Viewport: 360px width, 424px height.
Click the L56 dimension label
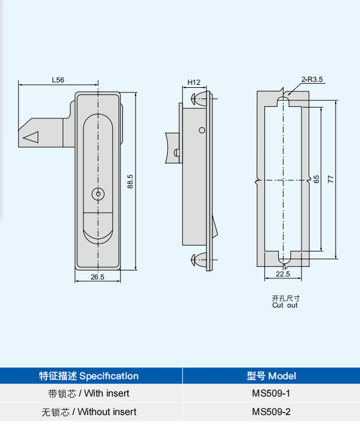[58, 80]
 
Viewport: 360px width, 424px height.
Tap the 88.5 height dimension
[130, 182]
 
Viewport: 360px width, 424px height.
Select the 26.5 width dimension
[97, 277]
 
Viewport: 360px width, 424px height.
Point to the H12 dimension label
[194, 82]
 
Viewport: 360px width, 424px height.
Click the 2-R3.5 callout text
[312, 79]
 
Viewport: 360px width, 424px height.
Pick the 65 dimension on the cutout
[316, 179]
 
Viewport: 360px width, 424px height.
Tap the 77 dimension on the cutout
[331, 179]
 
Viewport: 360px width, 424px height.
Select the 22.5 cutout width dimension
[283, 274]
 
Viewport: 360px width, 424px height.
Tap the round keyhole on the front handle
[98, 194]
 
